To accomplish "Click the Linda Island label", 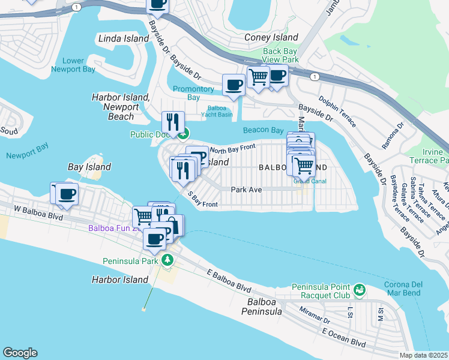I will pyautogui.click(x=123, y=38).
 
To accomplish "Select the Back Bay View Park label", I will pyautogui.click(x=280, y=56).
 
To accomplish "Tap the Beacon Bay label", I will pyautogui.click(x=263, y=130).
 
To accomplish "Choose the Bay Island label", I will pyautogui.click(x=89, y=167).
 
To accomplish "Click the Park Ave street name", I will pyautogui.click(x=247, y=190).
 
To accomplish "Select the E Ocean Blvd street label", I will pyautogui.click(x=343, y=336).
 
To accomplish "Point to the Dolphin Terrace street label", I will pyautogui.click(x=337, y=112).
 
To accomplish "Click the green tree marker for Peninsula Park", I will pyautogui.click(x=169, y=260).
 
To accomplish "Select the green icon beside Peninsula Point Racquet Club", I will pyautogui.click(x=360, y=290).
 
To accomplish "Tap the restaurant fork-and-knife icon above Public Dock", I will pyautogui.click(x=173, y=122).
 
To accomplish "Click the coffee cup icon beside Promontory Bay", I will pyautogui.click(x=233, y=85).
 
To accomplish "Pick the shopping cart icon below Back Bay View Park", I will pyautogui.click(x=258, y=76).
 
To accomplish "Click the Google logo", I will pyautogui.click(x=20, y=353).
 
